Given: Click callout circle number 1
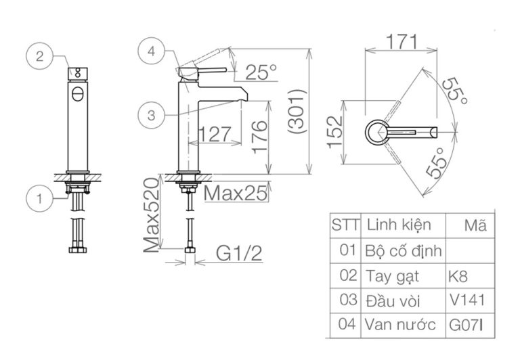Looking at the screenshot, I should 40,198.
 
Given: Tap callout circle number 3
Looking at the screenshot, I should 150,116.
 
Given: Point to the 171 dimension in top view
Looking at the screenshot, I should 402,40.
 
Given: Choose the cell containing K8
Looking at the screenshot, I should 458,275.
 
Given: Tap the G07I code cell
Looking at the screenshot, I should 466,324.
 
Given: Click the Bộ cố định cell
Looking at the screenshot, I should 404,250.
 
